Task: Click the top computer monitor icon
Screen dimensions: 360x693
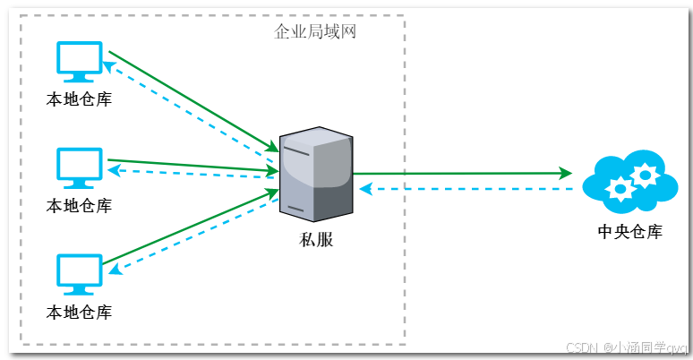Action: coord(80,61)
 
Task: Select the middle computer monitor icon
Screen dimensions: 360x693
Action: coord(80,167)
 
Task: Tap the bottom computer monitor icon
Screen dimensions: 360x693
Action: coord(80,274)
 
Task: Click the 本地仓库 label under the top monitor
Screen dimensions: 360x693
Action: coord(79,99)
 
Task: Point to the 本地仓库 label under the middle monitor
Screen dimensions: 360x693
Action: coord(79,206)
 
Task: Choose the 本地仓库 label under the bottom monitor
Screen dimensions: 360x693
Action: coord(79,313)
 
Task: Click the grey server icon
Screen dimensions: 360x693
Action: coord(315,174)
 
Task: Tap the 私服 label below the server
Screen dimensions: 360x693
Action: coord(315,240)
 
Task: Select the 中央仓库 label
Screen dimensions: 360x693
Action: coord(629,233)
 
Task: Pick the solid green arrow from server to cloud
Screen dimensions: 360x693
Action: coord(461,173)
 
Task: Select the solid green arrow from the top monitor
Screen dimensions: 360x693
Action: coord(192,101)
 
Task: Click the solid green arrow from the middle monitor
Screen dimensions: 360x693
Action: coord(192,165)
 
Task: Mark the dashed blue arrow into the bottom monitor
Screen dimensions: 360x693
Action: coord(192,242)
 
